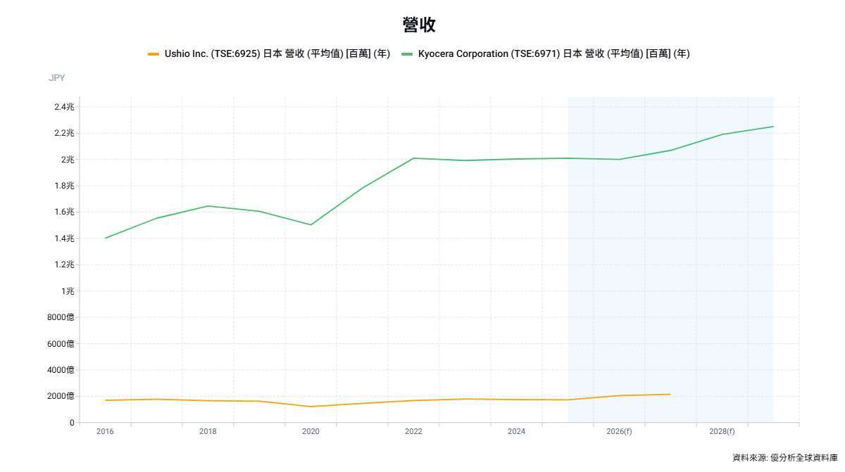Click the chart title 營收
[419, 25]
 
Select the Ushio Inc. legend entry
[269, 54]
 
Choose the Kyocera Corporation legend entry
[545, 54]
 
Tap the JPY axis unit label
[56, 78]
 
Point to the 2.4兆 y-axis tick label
[64, 107]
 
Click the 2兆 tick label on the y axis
[68, 160]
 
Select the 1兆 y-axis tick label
[68, 291]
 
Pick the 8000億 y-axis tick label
[61, 317]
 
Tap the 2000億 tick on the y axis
[61, 396]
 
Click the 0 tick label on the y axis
[71, 423]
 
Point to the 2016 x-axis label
[105, 431]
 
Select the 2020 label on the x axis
[311, 431]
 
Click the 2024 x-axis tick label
[516, 431]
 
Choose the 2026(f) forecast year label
[619, 431]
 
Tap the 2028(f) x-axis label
[722, 431]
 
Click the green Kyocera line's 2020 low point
[311, 225]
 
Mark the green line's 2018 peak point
[208, 206]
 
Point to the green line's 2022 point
[413, 158]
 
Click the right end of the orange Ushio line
[670, 395]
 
